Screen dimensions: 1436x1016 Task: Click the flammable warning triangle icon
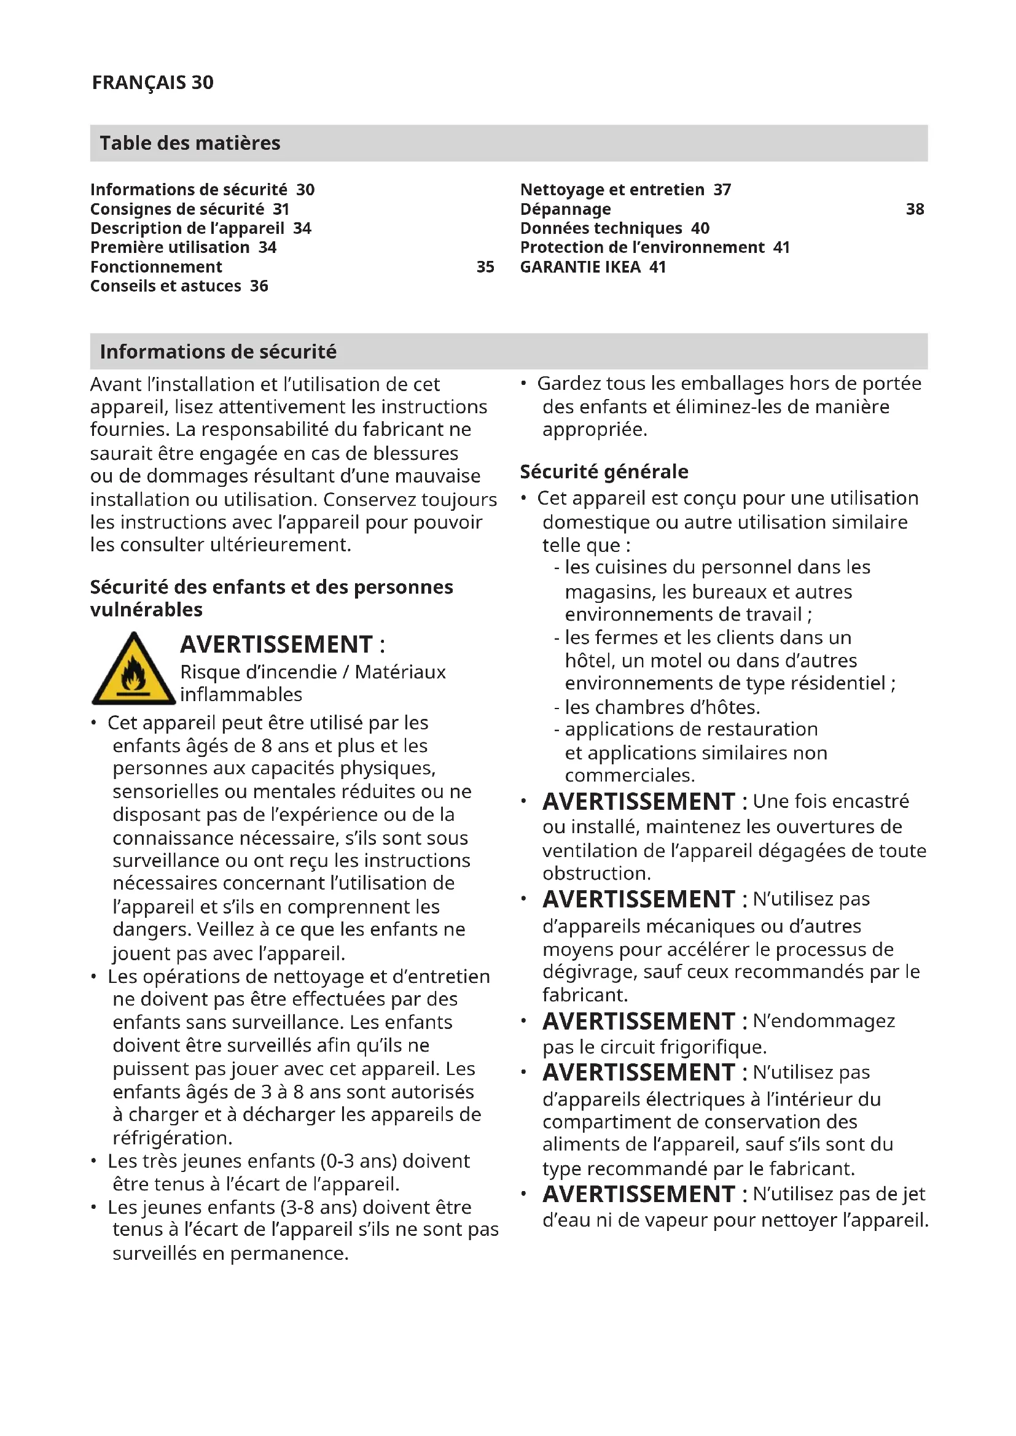pyautogui.click(x=133, y=670)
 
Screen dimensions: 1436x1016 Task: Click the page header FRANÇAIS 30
pyautogui.click(x=153, y=82)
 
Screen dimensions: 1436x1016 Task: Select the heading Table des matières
pyautogui.click(x=190, y=143)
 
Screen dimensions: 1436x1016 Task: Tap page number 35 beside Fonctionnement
pyautogui.click(x=485, y=267)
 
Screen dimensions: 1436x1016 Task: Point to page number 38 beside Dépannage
pyautogui.click(x=915, y=209)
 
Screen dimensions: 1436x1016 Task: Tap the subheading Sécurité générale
pyautogui.click(x=604, y=472)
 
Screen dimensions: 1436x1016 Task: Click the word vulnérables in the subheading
pyautogui.click(x=146, y=610)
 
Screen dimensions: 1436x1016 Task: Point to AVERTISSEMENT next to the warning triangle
pyautogui.click(x=276, y=644)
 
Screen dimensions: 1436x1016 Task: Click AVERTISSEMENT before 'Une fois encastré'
pyautogui.click(x=638, y=802)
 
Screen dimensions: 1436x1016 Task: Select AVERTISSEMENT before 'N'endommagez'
pyautogui.click(x=638, y=1022)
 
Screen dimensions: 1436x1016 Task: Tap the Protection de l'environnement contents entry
pyautogui.click(x=654, y=247)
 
